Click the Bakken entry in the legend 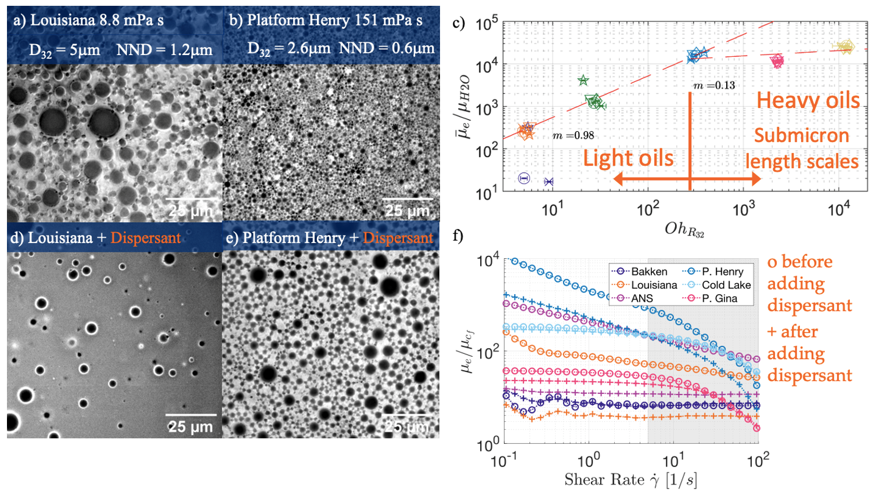(649, 271)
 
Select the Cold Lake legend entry (726, 285)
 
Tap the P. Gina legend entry (719, 298)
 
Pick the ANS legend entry (642, 298)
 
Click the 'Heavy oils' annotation (808, 100)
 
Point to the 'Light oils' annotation (628, 158)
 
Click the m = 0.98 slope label (573, 135)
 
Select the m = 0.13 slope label (714, 85)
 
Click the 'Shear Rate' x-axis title (630, 479)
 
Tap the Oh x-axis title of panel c (684, 230)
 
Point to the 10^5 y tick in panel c (486, 24)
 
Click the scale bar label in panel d (190, 427)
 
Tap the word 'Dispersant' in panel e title (398, 238)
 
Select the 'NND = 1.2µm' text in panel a (164, 50)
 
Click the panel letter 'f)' (459, 236)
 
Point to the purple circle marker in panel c (524, 178)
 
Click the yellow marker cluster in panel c (844, 47)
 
